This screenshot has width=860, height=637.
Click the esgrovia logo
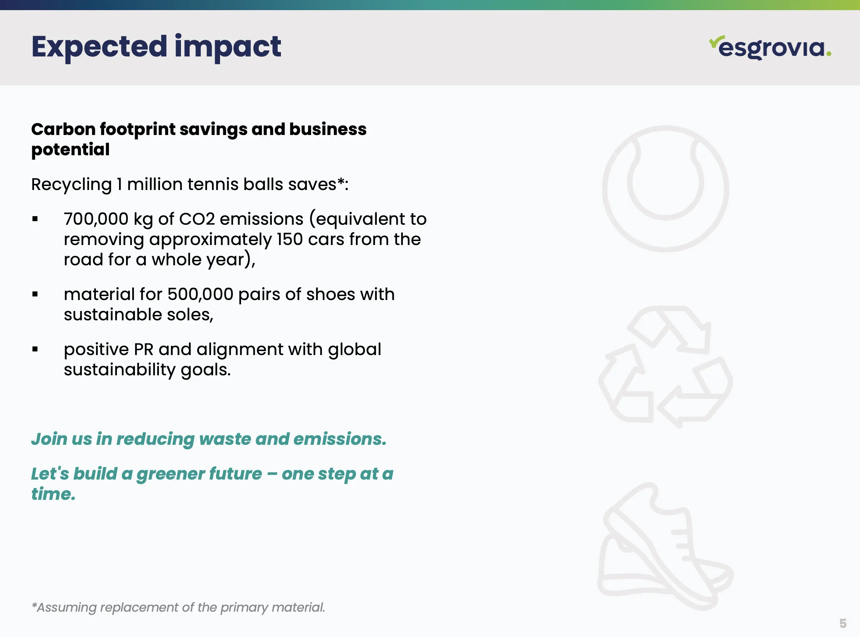tap(770, 47)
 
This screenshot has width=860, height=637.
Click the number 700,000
tap(96, 219)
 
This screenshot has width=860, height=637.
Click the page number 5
tap(843, 623)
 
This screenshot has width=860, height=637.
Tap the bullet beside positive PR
tap(35, 349)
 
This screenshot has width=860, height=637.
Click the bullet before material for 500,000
tap(35, 295)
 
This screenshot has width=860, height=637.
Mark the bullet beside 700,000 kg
tap(35, 219)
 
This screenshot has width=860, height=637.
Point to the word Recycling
tap(71, 185)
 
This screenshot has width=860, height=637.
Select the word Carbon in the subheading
tap(63, 129)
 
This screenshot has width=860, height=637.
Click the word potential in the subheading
tap(71, 150)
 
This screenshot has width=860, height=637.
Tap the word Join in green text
tap(49, 439)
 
